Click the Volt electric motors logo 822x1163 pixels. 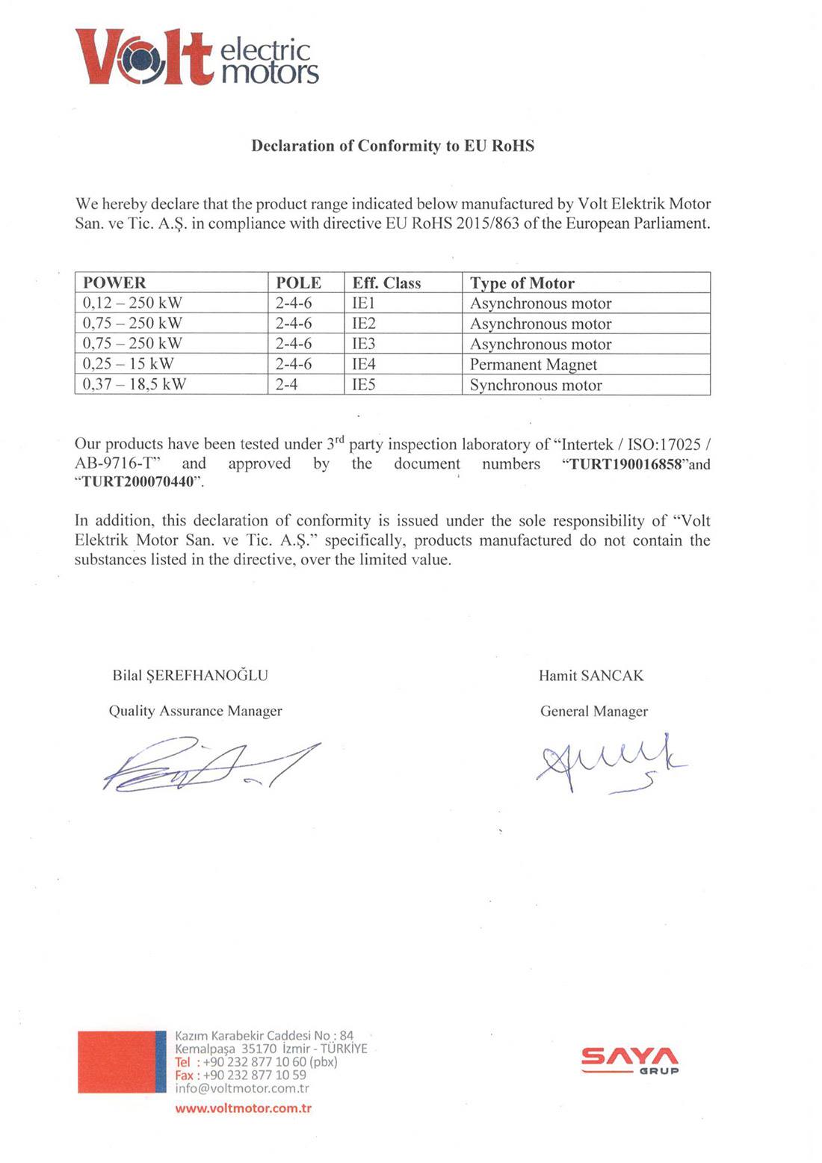196,58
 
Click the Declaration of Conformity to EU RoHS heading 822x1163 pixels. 392,146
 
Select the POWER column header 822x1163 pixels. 114,283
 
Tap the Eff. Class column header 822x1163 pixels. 386,283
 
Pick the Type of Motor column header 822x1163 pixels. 522,283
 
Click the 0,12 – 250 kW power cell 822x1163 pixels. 132,303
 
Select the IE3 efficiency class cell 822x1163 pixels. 364,344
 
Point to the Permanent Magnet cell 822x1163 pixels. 533,364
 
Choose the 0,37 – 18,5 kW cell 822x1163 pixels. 135,384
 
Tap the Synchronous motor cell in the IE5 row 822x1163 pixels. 536,385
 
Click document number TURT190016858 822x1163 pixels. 625,464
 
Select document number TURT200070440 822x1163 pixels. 137,483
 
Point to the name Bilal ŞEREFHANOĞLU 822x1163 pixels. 190,675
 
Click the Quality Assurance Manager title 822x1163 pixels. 195,711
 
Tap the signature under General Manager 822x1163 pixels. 609,762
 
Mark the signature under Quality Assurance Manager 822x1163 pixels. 209,764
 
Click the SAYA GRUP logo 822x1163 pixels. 630,1061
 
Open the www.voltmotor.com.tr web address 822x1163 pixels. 243,1108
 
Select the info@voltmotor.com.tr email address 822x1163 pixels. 241,1088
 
